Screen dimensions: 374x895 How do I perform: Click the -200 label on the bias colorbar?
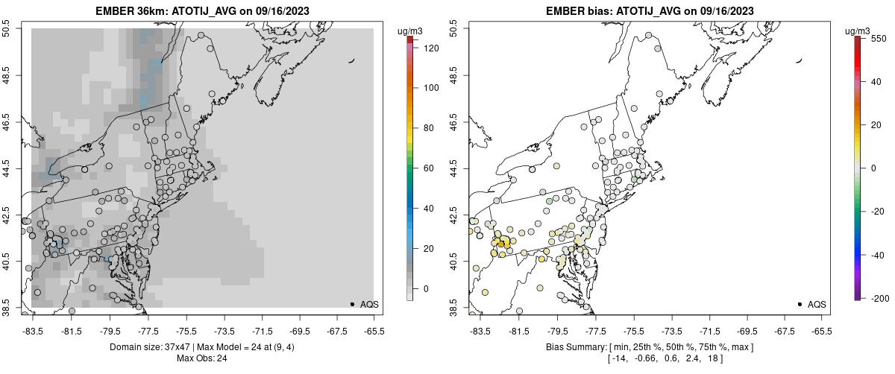(x=878, y=298)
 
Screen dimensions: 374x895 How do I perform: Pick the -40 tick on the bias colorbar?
(x=878, y=255)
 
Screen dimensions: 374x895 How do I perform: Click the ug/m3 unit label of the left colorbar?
(x=412, y=31)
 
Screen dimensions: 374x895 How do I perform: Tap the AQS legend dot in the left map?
(x=352, y=304)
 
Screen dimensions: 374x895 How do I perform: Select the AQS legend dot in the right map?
(x=800, y=304)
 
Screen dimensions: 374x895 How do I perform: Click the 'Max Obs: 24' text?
(x=201, y=358)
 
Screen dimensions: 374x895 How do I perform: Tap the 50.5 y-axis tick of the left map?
(x=7, y=29)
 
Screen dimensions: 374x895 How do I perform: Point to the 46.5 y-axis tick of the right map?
(x=454, y=121)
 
